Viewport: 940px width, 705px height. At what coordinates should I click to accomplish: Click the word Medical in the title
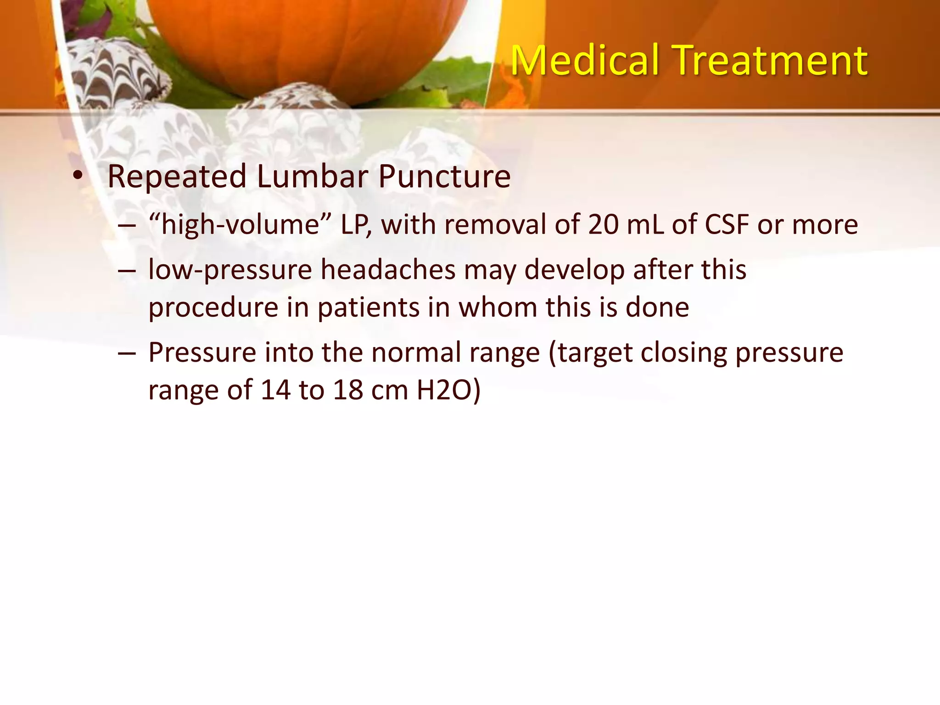(586, 61)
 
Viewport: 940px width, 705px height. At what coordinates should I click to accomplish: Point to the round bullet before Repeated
(78, 176)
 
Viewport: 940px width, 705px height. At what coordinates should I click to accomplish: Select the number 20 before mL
(603, 225)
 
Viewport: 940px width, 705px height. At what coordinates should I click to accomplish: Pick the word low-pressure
(230, 269)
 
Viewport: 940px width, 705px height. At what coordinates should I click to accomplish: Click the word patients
(369, 307)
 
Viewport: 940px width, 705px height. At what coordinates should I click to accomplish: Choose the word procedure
(213, 307)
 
